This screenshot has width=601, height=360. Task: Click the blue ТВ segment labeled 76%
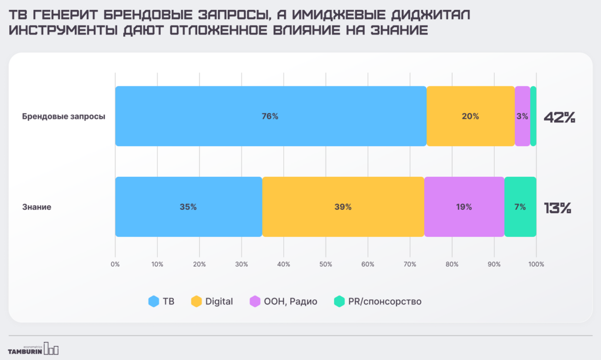click(x=270, y=116)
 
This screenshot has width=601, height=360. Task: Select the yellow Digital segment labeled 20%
click(x=470, y=116)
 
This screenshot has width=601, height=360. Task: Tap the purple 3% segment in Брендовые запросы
click(x=522, y=116)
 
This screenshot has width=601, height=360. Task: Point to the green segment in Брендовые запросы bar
click(x=533, y=116)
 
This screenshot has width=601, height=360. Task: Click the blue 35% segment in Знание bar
click(x=188, y=207)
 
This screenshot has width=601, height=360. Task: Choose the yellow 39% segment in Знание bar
click(x=343, y=207)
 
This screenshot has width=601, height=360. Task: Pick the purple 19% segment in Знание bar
click(x=464, y=207)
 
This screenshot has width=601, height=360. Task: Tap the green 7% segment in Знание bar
click(x=520, y=207)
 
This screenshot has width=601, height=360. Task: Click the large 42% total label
click(x=559, y=117)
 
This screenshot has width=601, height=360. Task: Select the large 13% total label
click(x=557, y=208)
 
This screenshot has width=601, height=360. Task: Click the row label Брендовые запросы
click(x=63, y=116)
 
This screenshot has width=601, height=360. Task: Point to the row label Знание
click(x=37, y=207)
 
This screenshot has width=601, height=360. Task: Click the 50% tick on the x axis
click(x=326, y=264)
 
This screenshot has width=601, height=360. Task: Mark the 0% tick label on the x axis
click(x=115, y=264)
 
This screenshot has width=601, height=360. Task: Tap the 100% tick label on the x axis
click(x=536, y=264)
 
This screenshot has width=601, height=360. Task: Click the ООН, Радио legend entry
click(x=284, y=302)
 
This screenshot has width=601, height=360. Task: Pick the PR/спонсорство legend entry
click(x=378, y=302)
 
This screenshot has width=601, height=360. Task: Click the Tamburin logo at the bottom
click(x=33, y=349)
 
